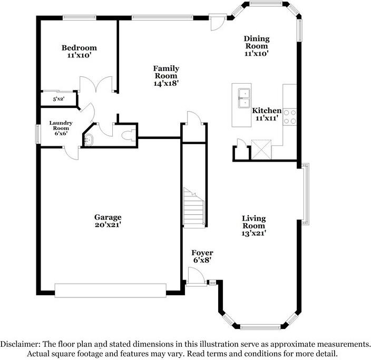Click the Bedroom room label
coord(79,48)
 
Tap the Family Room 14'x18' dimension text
coord(166,83)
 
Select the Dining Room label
coord(257,42)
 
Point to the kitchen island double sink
coord(244,98)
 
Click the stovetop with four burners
coord(290,117)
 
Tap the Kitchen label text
coord(267,111)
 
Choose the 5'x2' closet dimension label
coord(58,99)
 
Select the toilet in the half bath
coord(129,136)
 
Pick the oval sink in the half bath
coord(89,139)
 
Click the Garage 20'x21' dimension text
coord(108,225)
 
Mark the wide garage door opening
coord(111,291)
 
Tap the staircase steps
coord(194,207)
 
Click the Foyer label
coord(202,253)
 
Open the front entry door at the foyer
coord(196,276)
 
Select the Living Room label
coord(254,222)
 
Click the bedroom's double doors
coord(96,84)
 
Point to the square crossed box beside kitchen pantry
coord(261,149)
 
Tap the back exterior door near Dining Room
coord(217,22)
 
